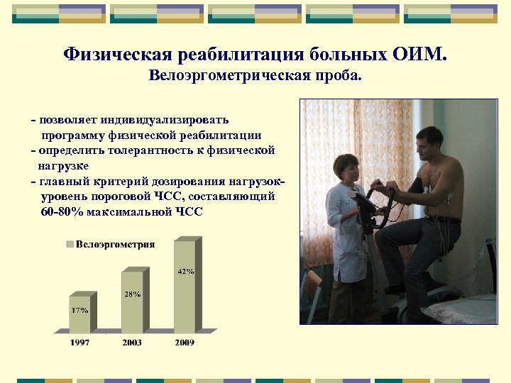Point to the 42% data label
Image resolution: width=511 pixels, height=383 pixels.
click(x=186, y=271)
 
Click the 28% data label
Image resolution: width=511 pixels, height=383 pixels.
click(x=133, y=294)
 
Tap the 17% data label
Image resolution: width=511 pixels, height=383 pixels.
click(x=79, y=310)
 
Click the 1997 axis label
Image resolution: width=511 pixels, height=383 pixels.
click(x=79, y=343)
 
